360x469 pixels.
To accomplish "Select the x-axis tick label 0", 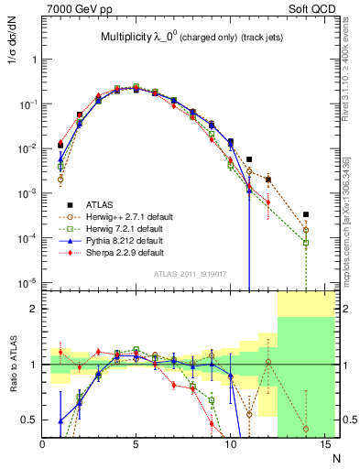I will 42,446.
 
